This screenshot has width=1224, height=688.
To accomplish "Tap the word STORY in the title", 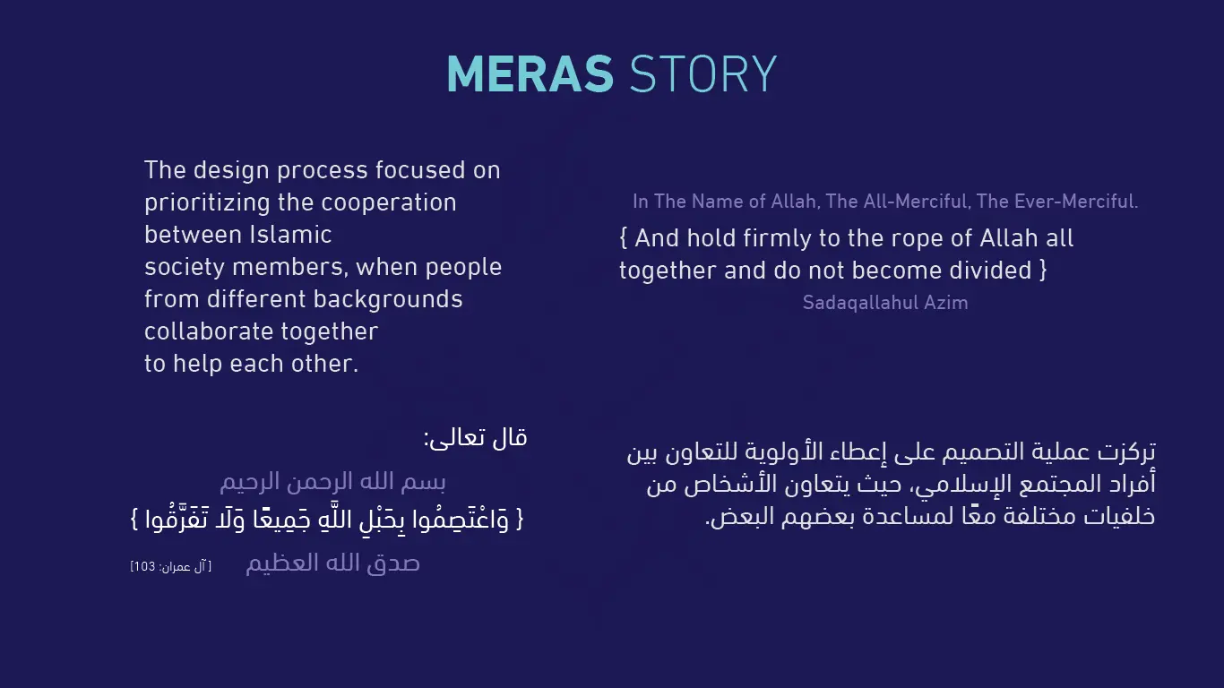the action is (x=703, y=74).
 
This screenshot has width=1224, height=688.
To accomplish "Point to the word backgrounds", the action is (x=388, y=300).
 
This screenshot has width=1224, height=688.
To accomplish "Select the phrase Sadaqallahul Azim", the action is (x=885, y=303).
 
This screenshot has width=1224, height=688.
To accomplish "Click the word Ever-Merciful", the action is (x=1056, y=202).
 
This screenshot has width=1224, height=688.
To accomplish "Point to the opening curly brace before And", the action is (x=624, y=238).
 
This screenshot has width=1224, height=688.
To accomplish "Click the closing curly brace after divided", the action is (x=1043, y=271).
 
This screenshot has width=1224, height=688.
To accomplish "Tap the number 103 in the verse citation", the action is (x=144, y=567).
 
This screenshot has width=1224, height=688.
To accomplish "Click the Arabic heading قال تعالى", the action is (x=476, y=438).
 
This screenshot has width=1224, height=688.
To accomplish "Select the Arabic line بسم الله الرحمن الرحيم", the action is (x=332, y=482).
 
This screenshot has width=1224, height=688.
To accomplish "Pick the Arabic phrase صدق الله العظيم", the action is (x=332, y=563).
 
